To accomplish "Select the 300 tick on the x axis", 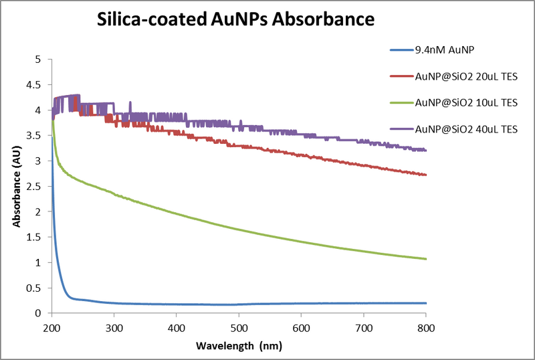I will [x=114, y=327].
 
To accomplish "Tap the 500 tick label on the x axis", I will [x=239, y=327].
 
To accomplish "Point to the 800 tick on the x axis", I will [x=426, y=327].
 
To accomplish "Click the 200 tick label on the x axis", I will [x=51, y=327].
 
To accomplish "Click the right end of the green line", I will [x=426, y=259].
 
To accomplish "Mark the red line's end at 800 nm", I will [x=426, y=175].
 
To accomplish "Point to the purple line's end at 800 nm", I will [x=426, y=150].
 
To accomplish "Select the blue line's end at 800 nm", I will [x=426, y=303].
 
